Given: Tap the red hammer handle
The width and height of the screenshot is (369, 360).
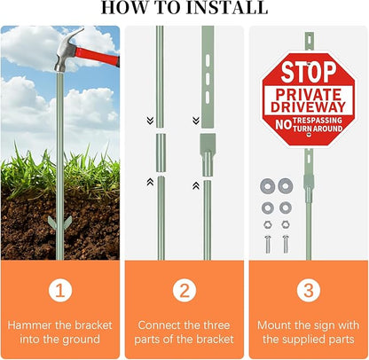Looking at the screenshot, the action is [98, 57].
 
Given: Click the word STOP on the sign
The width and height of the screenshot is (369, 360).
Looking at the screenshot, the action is [309, 72].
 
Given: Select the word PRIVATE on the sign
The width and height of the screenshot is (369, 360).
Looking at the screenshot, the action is [309, 95].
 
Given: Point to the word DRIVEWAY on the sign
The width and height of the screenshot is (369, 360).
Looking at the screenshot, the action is [308, 107].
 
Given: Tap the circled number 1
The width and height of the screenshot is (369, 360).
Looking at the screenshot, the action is [60, 290].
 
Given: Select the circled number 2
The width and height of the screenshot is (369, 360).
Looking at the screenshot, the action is [184, 290].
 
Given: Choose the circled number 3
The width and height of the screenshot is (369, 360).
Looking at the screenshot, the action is [309, 290].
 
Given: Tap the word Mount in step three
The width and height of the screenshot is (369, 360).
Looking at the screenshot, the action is [274, 325].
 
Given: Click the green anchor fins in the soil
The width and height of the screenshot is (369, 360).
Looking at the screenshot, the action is [60, 223].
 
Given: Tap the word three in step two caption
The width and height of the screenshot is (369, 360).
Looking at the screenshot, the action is [214, 325].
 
